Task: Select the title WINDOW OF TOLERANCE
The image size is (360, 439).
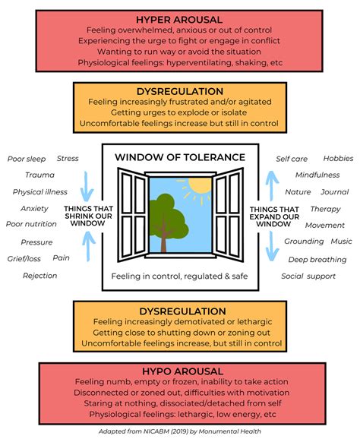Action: click(x=180, y=157)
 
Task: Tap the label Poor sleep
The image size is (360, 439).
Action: click(x=27, y=159)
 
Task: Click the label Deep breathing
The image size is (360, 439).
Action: click(x=317, y=259)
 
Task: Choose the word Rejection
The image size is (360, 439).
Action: click(x=39, y=275)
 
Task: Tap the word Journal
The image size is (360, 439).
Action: click(x=334, y=192)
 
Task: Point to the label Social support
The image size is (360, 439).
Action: click(x=308, y=276)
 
